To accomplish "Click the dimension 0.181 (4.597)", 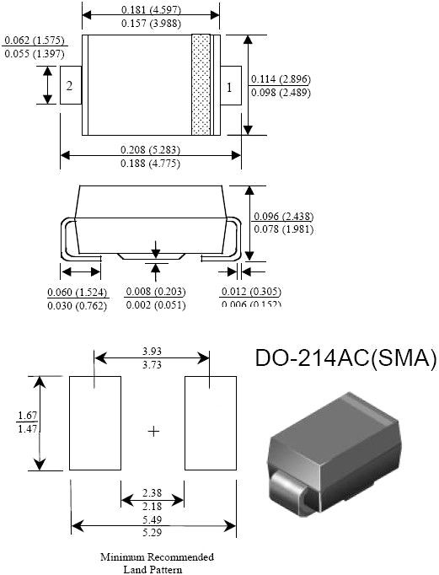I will point(151,9).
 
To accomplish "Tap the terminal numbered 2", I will point(70,86).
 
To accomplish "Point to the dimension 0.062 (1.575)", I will point(35,40).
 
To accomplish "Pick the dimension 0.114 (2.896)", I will point(281,79).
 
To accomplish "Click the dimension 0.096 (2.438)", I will point(282,216).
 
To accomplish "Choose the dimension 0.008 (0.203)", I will point(155,292).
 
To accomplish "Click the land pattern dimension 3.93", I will point(152,350).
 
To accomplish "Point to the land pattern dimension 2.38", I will point(153,492).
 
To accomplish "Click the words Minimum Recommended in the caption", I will point(157,557).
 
